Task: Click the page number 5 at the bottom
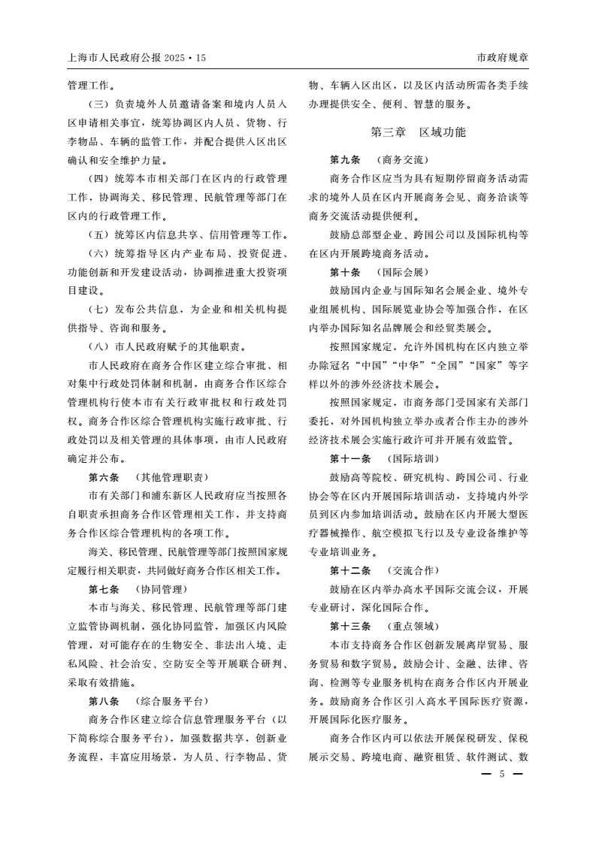[x=501, y=775]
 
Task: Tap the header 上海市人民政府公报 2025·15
[x=136, y=57]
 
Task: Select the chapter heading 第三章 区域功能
[x=418, y=132]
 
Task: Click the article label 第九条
[x=345, y=160]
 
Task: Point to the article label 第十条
[x=345, y=271]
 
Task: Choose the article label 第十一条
[x=349, y=458]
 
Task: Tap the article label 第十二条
[x=349, y=570]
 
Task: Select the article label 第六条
[x=104, y=476]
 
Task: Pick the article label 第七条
[x=104, y=588]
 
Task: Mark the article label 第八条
[x=104, y=700]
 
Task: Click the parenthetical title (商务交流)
[x=402, y=160]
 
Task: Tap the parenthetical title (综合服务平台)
[x=171, y=700]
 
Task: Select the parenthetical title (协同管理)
[x=161, y=588]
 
